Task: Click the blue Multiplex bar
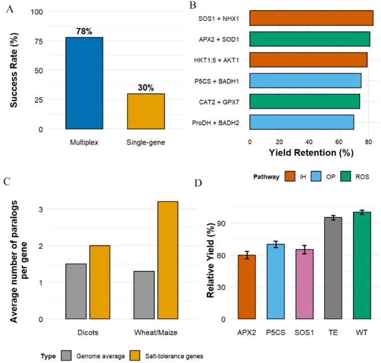84,83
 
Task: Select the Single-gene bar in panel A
146,111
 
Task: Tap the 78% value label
84,32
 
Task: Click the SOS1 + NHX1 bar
311,17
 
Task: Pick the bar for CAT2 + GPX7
305,101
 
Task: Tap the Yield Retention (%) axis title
311,152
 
